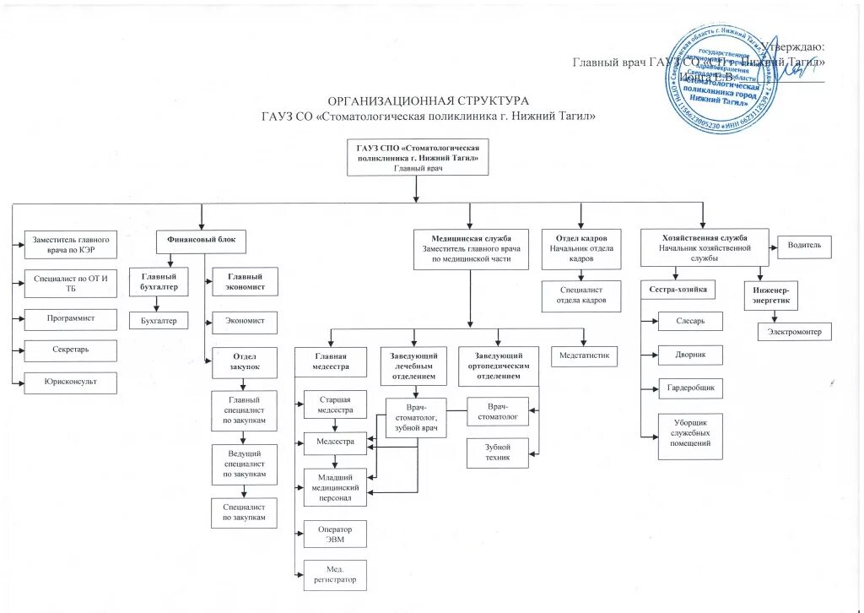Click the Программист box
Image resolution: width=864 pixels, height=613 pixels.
(71, 319)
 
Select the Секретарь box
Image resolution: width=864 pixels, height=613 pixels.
(71, 348)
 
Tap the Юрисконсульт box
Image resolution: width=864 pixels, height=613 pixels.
(71, 382)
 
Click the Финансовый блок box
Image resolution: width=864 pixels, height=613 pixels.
(201, 241)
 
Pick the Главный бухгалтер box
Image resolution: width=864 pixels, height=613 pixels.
(158, 282)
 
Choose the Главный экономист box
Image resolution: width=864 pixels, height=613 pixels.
(244, 282)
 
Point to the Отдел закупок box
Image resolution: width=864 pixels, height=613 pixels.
(244, 361)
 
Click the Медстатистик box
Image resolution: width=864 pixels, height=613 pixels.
(585, 355)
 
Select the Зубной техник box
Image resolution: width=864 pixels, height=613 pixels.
(498, 452)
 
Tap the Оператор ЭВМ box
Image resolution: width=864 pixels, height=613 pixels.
(336, 534)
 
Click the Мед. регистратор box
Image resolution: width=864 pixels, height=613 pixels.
(336, 574)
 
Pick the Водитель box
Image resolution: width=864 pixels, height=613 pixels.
(804, 246)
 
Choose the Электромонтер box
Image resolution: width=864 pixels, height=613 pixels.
(794, 332)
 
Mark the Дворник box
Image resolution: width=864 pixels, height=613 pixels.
(691, 355)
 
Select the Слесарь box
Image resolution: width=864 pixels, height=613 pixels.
(691, 321)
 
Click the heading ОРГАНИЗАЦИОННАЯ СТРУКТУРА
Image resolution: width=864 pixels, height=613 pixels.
(428, 100)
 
